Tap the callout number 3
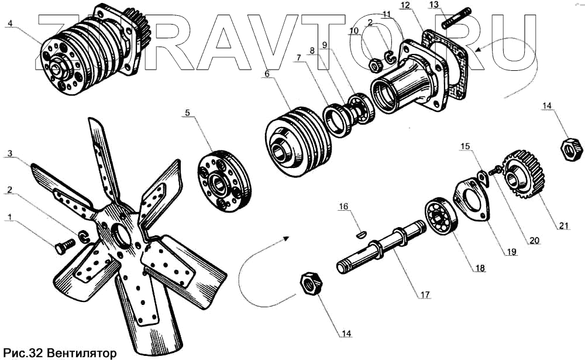[9, 154]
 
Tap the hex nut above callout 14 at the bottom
[309, 284]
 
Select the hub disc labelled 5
[224, 183]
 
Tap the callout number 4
[9, 24]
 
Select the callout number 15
[465, 145]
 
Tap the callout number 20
[534, 239]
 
